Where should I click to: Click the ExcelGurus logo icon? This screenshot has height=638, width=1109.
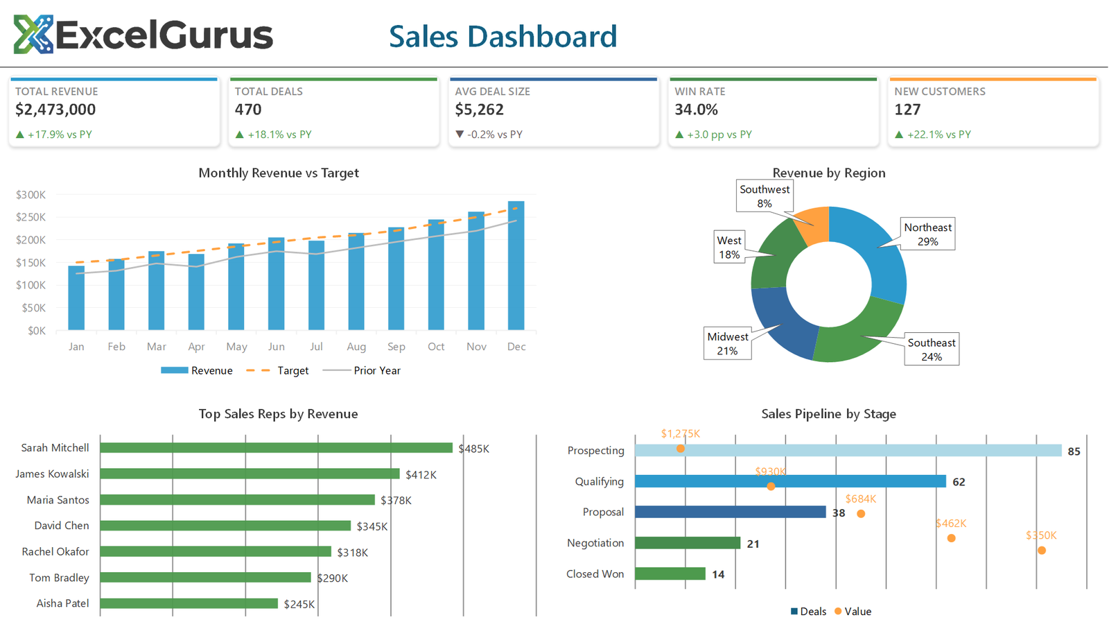pyautogui.click(x=33, y=35)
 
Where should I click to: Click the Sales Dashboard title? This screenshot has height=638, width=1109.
pyautogui.click(x=503, y=37)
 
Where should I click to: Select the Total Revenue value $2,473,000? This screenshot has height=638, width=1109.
pyautogui.click(x=55, y=110)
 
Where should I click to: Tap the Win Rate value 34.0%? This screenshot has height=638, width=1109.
pyautogui.click(x=696, y=110)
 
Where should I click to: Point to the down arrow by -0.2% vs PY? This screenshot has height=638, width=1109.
pyautogui.click(x=460, y=135)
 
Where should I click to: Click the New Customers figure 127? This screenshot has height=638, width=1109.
pyautogui.click(x=907, y=110)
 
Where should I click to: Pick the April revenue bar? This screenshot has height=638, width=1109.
pyautogui.click(x=196, y=292)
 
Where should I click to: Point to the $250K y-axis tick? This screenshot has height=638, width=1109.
pyautogui.click(x=30, y=217)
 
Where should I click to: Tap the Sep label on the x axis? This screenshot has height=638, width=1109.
pyautogui.click(x=396, y=347)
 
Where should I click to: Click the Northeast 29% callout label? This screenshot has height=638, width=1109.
pyautogui.click(x=927, y=234)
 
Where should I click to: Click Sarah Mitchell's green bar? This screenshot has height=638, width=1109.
pyautogui.click(x=276, y=448)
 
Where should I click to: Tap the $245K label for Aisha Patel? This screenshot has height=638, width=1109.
pyautogui.click(x=299, y=605)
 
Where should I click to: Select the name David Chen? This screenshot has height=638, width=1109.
pyautogui.click(x=62, y=526)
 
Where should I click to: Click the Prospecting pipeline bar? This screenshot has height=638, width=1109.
pyautogui.click(x=848, y=451)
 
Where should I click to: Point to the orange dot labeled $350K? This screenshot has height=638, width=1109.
pyautogui.click(x=1042, y=551)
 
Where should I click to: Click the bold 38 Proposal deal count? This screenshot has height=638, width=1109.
pyautogui.click(x=839, y=513)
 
